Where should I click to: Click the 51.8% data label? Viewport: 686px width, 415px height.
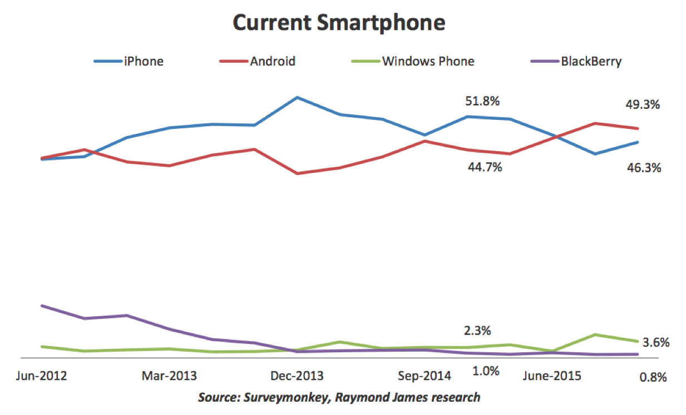click(482, 101)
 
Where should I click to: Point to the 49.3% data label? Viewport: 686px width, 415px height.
click(643, 104)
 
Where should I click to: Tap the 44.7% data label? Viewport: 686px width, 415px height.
click(485, 167)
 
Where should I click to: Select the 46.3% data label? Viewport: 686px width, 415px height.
click(644, 167)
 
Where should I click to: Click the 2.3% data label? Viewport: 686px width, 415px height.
click(477, 331)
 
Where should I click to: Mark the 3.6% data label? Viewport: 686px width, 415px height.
click(652, 342)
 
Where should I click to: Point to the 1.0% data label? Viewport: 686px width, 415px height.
click(486, 371)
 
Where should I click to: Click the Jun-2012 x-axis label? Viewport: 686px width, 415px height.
click(42, 376)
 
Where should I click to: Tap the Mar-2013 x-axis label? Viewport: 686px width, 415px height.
click(169, 376)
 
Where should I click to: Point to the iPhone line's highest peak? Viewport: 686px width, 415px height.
click(298, 98)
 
